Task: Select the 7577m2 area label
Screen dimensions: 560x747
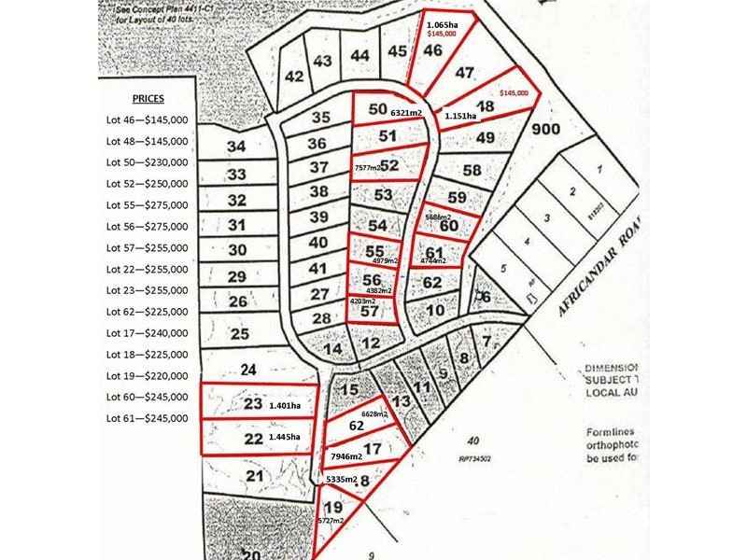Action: (x=368, y=167)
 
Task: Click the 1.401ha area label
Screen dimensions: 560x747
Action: (x=287, y=406)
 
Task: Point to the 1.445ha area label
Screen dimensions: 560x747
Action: (x=287, y=437)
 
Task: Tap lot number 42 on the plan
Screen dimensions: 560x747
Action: (x=295, y=77)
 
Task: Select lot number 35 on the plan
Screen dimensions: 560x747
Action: (x=320, y=118)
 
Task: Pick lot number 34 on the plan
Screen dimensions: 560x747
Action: (x=236, y=147)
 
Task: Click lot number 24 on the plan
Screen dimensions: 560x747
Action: (x=248, y=369)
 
